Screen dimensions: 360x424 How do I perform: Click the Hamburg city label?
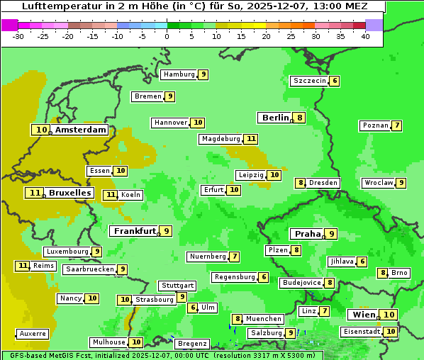pos(179,74)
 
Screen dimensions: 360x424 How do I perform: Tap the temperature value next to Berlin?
pos(300,118)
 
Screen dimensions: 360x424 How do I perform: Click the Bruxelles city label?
pos(69,193)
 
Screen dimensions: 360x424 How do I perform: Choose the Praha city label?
pos(308,234)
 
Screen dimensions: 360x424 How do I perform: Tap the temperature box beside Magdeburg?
pos(251,139)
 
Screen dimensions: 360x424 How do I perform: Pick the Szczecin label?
pos(310,81)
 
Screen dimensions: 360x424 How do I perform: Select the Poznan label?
pos(375,125)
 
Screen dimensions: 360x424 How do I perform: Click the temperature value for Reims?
pos(23,266)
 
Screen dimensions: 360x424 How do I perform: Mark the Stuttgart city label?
pos(177,286)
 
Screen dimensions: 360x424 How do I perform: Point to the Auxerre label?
pos(33,334)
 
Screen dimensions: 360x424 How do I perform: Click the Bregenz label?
pos(191,344)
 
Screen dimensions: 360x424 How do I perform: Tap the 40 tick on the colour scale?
pos(365,36)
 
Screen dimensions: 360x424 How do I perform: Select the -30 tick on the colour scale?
pos(18,36)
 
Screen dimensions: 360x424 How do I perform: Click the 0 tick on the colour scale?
pos(167,36)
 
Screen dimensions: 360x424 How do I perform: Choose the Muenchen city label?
pos(264,319)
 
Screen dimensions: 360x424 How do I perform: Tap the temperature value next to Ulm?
pos(192,308)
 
